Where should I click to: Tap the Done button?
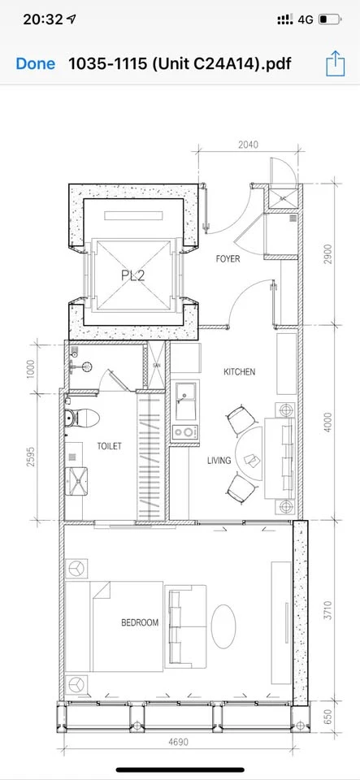(35, 63)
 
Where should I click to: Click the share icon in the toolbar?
(335, 63)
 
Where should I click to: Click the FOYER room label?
(228, 258)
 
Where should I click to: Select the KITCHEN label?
(240, 371)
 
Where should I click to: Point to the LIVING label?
(219, 461)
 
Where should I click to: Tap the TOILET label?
(110, 446)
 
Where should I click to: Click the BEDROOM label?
(141, 622)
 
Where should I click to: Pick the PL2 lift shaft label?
(133, 275)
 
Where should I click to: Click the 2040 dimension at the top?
(249, 145)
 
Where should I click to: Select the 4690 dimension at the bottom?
(179, 742)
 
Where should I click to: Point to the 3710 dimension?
(327, 610)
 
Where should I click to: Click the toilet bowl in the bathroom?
(82, 418)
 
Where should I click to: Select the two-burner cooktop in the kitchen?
(186, 432)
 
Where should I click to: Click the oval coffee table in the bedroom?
(223, 626)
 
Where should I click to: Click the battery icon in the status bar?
(330, 19)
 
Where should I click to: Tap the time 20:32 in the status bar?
(43, 19)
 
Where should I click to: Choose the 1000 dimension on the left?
(31, 369)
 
